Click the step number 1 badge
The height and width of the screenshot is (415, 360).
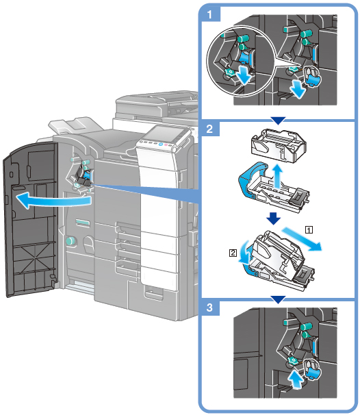pos(209,14)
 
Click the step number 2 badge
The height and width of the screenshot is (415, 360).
pos(209,129)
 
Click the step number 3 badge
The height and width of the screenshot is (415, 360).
pos(209,307)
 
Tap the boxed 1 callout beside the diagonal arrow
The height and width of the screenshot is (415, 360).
pos(309,229)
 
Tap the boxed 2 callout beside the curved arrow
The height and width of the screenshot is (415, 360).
pos(233,253)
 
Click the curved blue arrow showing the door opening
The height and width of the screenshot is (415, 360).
pos(53,201)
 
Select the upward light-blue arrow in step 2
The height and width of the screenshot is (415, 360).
pos(277,176)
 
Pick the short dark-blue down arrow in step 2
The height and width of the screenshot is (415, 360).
pos(273,218)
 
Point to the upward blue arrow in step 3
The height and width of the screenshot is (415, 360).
pos(296,379)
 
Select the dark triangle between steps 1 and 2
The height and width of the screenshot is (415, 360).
pos(279,121)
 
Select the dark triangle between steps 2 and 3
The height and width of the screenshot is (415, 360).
pos(279,300)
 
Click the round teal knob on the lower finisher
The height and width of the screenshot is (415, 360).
pos(70,241)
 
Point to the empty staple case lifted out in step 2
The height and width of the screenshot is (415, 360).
pos(279,146)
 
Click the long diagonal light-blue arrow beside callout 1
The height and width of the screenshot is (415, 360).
pos(302,239)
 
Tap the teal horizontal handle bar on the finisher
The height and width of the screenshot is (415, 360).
pos(83,223)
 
